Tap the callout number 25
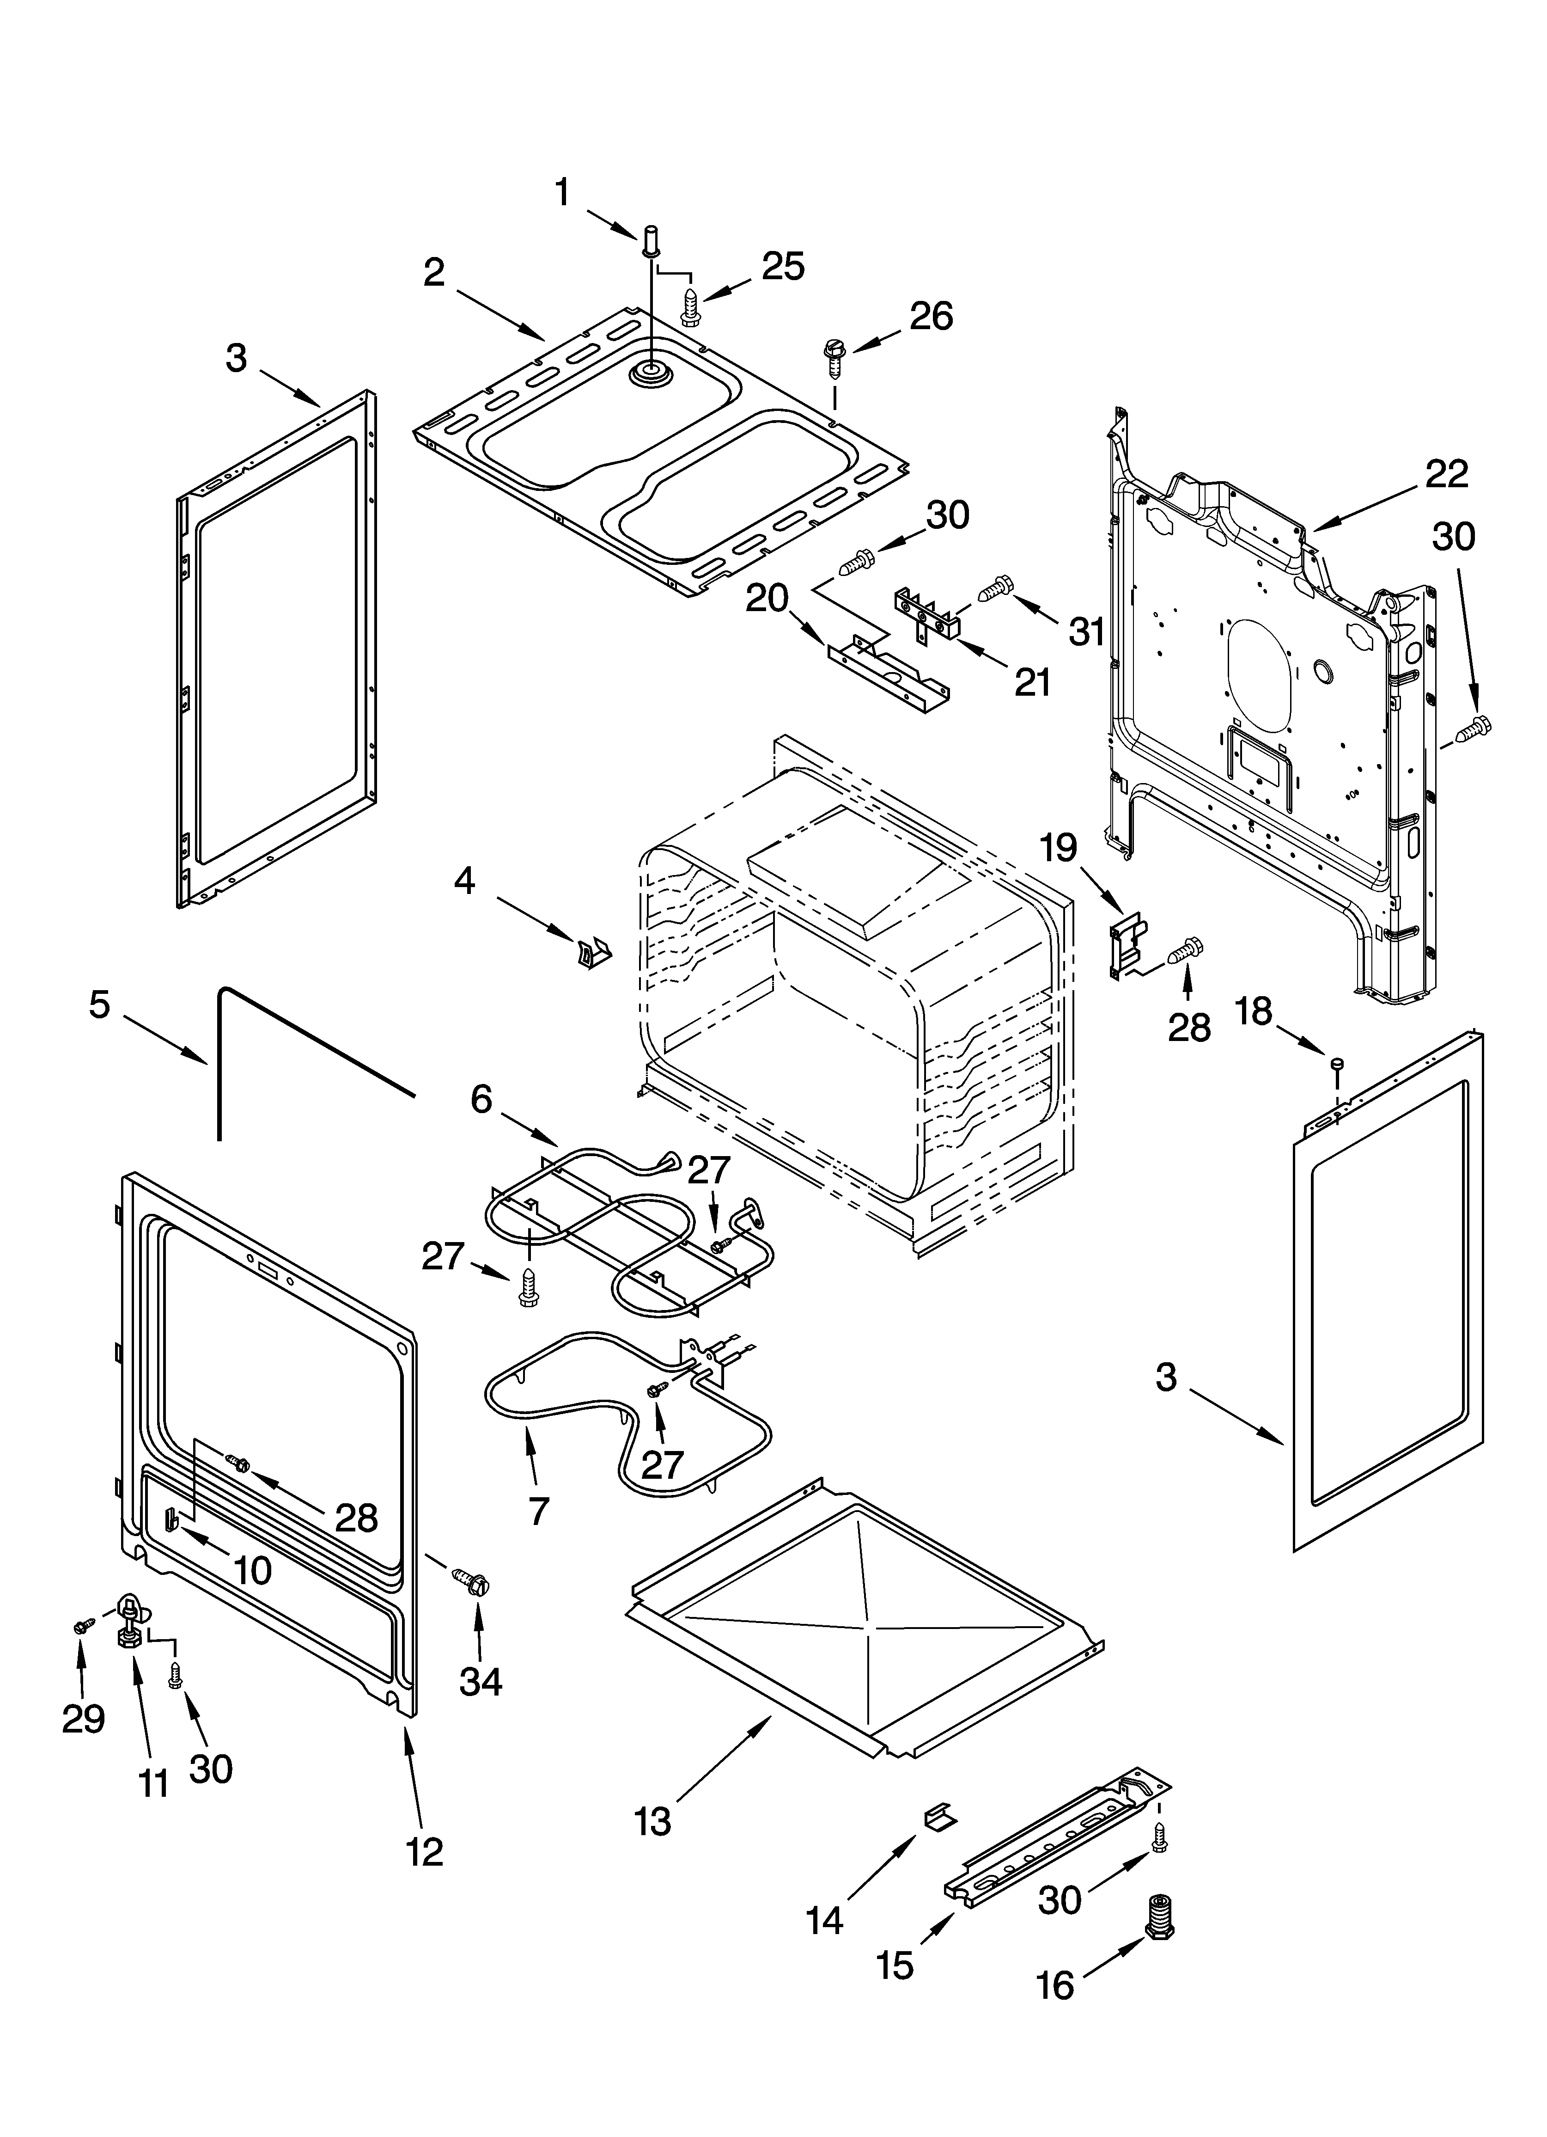(x=783, y=267)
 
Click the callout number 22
(x=1446, y=474)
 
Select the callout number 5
(x=100, y=1004)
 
